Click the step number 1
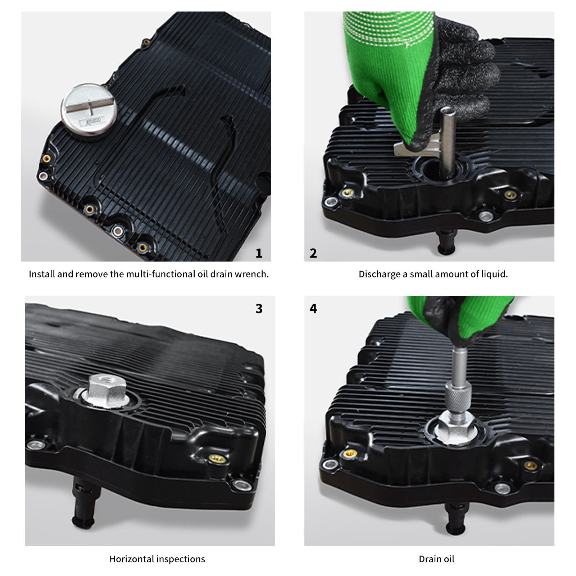[259, 253]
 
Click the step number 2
[313, 253]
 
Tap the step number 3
[259, 309]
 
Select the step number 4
[313, 309]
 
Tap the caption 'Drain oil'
[436, 559]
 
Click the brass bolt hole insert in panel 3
[216, 458]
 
